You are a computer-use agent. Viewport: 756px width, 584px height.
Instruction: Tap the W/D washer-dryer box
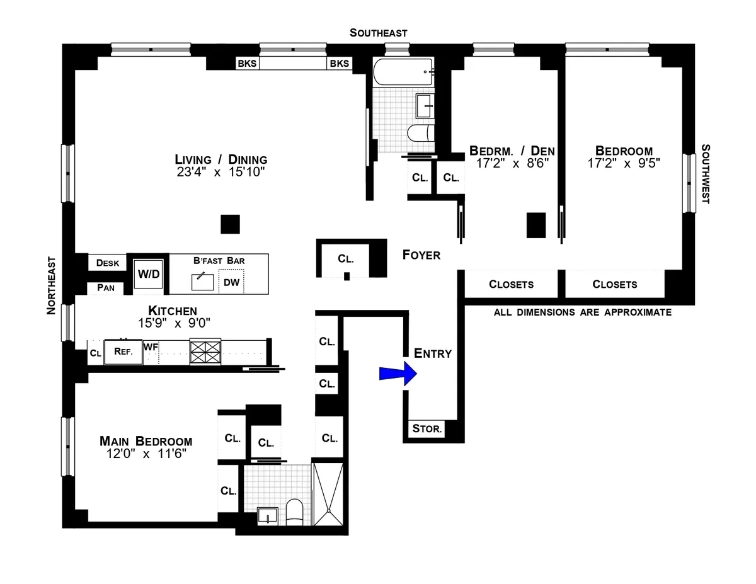click(149, 275)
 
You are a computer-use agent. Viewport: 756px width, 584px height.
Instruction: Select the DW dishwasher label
click(231, 282)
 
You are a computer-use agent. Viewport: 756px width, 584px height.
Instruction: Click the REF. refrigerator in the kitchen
click(123, 352)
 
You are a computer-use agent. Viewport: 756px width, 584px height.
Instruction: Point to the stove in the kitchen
click(206, 352)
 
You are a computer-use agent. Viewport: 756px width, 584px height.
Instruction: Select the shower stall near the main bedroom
click(328, 495)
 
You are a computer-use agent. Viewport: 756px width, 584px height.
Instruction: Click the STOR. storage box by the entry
click(428, 430)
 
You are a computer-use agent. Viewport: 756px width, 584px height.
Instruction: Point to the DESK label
click(108, 263)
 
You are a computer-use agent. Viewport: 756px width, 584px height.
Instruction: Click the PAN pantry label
click(106, 288)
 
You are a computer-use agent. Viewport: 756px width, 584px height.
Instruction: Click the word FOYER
click(421, 255)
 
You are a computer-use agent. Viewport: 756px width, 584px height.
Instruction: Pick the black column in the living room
click(230, 224)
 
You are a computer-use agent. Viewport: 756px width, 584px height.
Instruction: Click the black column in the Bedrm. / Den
click(535, 226)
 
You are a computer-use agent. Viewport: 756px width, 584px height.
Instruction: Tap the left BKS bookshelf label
click(247, 64)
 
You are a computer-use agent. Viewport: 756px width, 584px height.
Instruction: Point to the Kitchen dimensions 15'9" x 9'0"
click(173, 323)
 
